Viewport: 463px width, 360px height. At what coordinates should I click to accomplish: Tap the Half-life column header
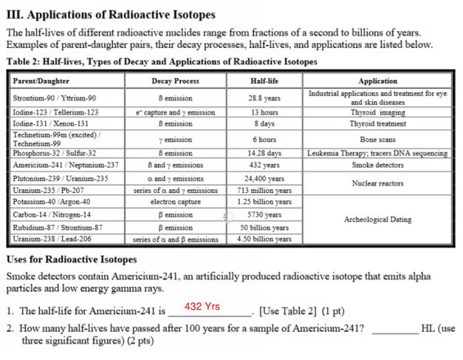click(x=264, y=81)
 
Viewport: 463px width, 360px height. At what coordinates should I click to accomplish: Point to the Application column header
click(x=377, y=81)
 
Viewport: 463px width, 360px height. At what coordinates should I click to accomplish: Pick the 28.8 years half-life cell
click(x=264, y=98)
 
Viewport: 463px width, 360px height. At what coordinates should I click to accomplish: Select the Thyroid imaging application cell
click(x=377, y=112)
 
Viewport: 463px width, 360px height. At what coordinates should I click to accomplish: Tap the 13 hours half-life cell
click(x=264, y=112)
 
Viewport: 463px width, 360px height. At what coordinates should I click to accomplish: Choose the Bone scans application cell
click(x=377, y=139)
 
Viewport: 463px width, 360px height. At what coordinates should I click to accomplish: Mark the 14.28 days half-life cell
click(x=264, y=153)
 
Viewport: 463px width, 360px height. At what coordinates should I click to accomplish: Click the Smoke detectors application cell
click(x=377, y=165)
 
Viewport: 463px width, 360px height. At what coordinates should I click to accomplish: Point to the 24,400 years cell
click(x=264, y=178)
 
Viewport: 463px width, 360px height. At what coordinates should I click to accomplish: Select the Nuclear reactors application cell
click(x=377, y=183)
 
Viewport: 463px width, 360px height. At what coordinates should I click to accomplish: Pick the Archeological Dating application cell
click(x=377, y=220)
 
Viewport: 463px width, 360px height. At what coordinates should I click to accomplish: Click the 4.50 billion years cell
click(x=264, y=240)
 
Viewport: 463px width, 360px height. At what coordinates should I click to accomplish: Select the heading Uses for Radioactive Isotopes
click(x=71, y=259)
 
